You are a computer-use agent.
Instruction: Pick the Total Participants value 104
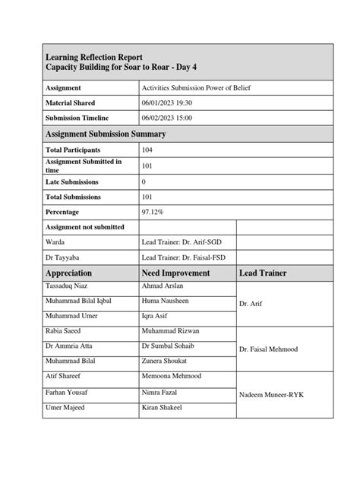click(147, 150)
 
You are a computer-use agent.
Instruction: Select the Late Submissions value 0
click(144, 182)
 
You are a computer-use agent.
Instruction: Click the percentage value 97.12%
click(153, 212)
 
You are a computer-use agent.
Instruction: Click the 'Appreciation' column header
click(69, 273)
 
